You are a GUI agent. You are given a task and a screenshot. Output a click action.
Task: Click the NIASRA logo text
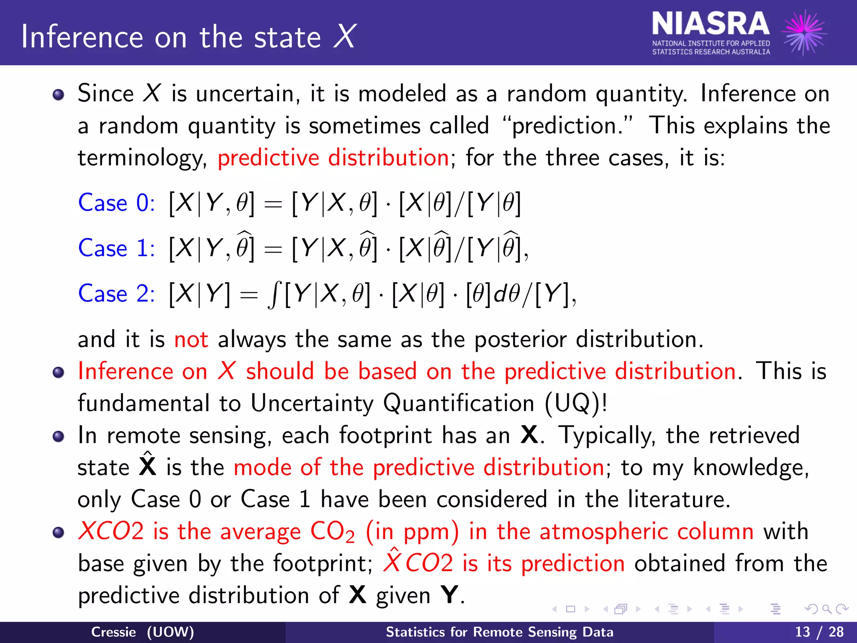(711, 24)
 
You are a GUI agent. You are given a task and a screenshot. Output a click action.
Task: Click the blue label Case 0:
(116, 203)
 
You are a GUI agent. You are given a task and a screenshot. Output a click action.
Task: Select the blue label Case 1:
(116, 248)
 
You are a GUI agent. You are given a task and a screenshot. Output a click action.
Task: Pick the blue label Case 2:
(116, 293)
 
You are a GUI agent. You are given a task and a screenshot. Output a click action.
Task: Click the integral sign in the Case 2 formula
(274, 294)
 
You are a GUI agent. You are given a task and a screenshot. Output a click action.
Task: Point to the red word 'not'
(191, 339)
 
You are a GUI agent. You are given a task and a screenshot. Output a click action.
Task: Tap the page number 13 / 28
(819, 632)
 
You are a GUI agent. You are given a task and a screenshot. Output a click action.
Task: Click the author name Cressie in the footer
(113, 632)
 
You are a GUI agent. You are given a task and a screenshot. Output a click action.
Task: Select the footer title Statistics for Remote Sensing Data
(499, 632)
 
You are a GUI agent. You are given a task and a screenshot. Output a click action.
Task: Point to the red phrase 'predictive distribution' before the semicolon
(333, 158)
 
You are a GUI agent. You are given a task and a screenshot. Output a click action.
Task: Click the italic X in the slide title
(345, 37)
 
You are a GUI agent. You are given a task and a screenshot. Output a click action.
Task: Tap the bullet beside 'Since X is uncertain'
(59, 94)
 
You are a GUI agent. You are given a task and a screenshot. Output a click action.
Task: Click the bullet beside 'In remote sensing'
(59, 437)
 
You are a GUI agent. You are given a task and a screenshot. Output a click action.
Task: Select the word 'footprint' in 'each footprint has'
(385, 436)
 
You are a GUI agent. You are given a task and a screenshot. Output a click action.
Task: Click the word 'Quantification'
(459, 404)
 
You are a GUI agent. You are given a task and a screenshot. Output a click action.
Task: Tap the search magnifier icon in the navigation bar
(826, 609)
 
